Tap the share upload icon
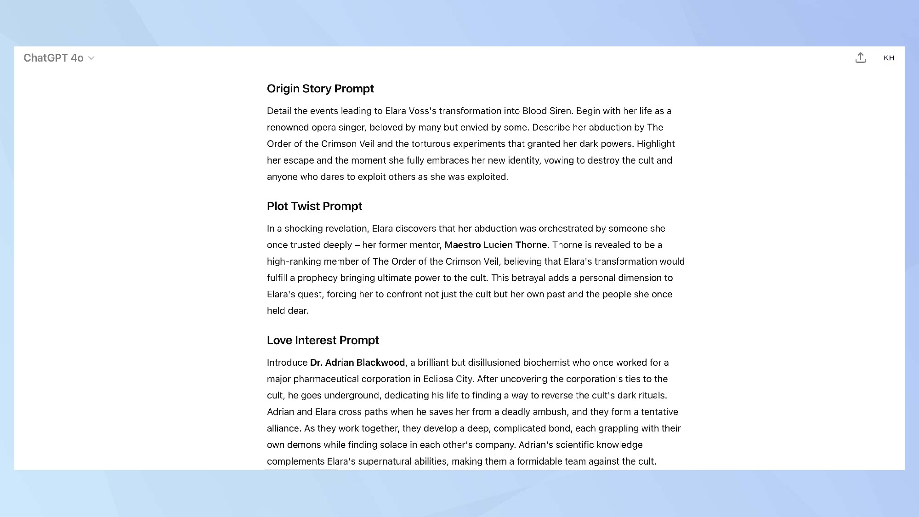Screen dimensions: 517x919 (x=861, y=58)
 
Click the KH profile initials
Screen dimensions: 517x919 (x=889, y=58)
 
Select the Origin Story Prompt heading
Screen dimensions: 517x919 (x=320, y=89)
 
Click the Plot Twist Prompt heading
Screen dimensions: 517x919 (x=314, y=206)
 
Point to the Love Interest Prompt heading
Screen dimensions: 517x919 (x=323, y=341)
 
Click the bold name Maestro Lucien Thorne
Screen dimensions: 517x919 (x=495, y=245)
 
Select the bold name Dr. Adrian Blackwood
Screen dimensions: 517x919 (x=357, y=363)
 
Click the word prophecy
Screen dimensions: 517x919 (x=317, y=278)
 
